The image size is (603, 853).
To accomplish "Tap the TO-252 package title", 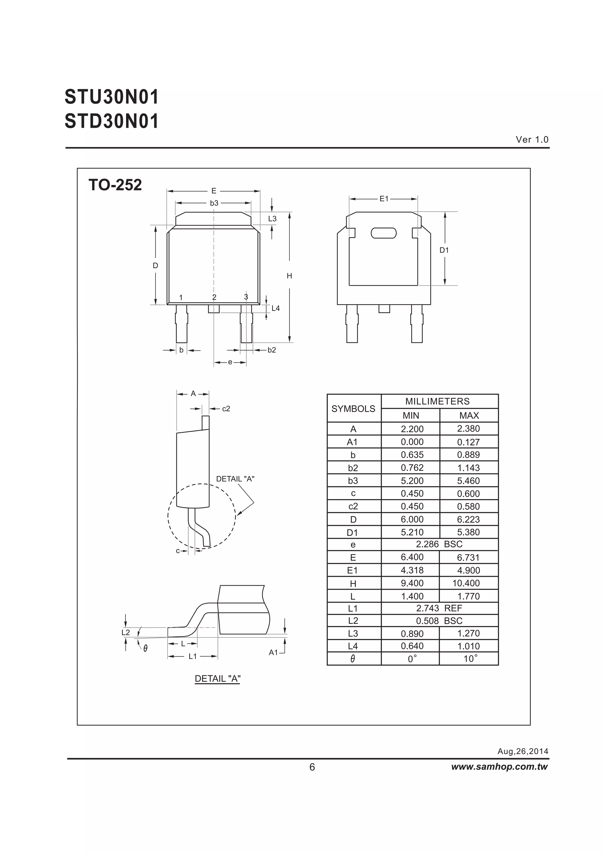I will pos(115,185).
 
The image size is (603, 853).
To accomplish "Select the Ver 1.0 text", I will pos(532,140).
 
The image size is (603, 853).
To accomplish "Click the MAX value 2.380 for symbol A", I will pos(468,429).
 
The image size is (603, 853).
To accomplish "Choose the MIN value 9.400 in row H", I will pos(412,583).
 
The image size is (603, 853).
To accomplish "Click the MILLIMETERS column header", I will pos(437,401).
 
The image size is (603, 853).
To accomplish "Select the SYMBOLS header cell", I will pos(353,409).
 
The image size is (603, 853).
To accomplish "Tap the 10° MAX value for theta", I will pos(470,659).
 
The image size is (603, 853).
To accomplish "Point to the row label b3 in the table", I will pos(353,481).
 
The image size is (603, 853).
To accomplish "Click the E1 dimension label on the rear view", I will pos(383,199).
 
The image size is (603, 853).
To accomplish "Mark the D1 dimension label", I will pos(444,250).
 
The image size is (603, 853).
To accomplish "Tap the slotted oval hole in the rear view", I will pos(383,233).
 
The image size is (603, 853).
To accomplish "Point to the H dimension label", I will pos(289,276).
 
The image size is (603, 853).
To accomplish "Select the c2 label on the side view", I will pos(226,409).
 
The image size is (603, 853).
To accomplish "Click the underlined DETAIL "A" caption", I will pos(217,679).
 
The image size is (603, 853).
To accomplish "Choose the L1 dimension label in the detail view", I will pos(193,657).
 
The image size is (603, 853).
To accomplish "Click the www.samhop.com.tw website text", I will pos(499,767).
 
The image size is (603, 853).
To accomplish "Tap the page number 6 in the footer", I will pos(312,767).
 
